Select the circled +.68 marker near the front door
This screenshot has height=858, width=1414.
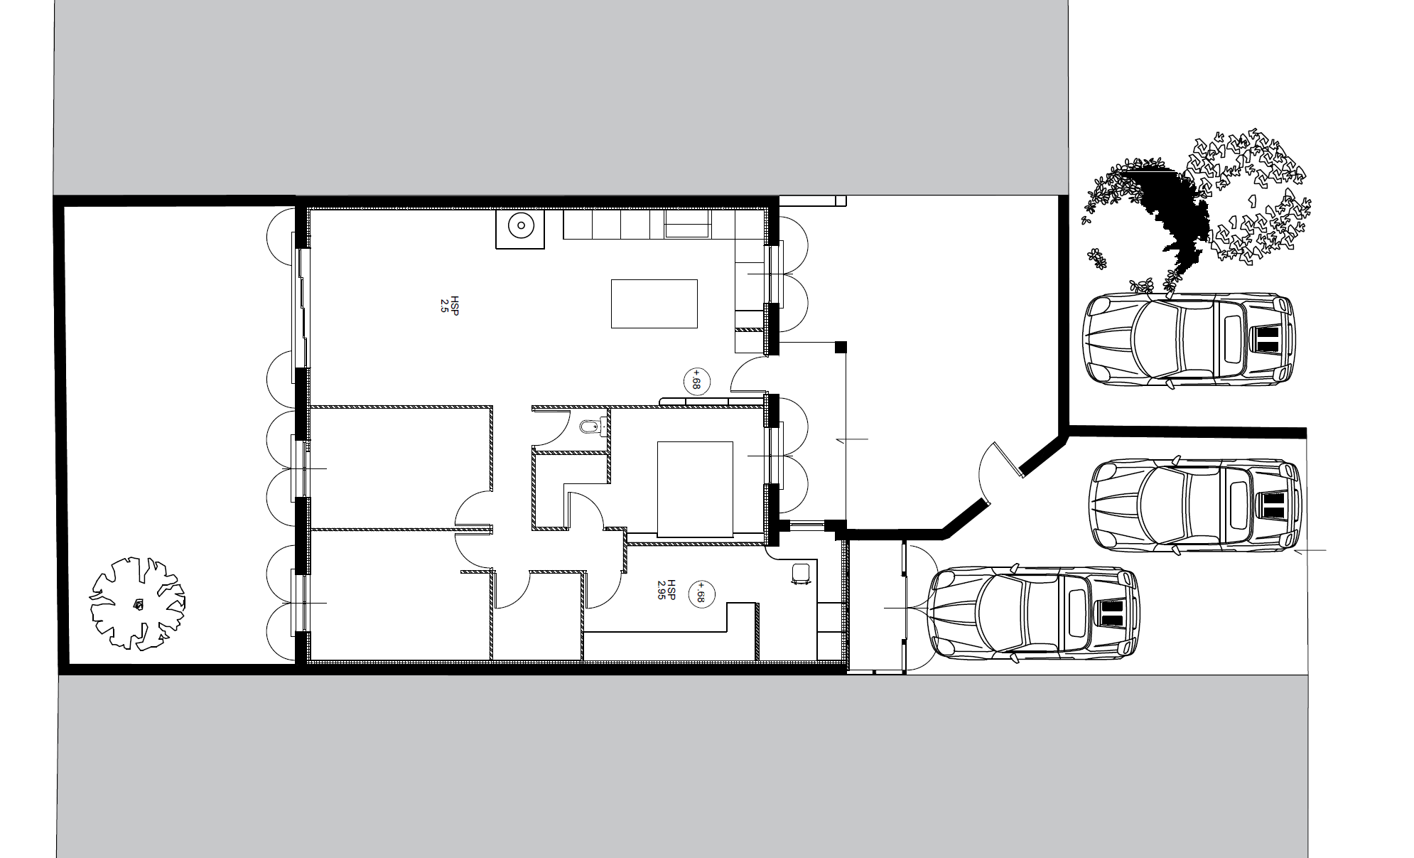point(696,381)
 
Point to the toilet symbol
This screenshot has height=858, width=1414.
point(591,427)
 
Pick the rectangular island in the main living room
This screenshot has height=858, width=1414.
point(654,304)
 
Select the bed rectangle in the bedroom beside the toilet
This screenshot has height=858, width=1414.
point(695,489)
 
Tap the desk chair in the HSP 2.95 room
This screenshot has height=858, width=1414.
point(801,573)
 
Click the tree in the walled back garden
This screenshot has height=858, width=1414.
point(136,604)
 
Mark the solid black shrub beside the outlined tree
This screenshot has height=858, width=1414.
point(1169,213)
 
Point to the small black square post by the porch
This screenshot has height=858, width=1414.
point(841,347)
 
